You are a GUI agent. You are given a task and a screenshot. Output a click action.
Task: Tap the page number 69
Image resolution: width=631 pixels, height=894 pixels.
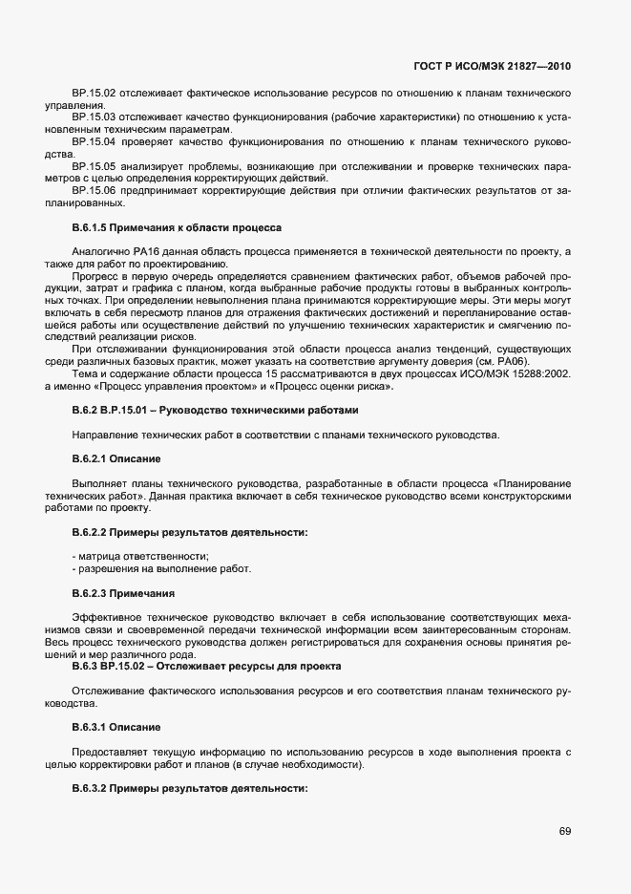tap(565, 832)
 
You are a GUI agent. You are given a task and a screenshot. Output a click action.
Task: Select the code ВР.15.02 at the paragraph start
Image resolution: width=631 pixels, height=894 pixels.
tap(94, 93)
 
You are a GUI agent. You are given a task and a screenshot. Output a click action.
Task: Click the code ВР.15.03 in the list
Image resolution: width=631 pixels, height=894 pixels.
tap(94, 117)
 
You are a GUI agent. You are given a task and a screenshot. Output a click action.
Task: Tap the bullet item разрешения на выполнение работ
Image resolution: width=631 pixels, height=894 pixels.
tap(149, 569)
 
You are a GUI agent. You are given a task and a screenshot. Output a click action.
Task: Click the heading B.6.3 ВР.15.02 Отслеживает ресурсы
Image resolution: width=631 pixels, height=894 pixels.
tap(206, 666)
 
